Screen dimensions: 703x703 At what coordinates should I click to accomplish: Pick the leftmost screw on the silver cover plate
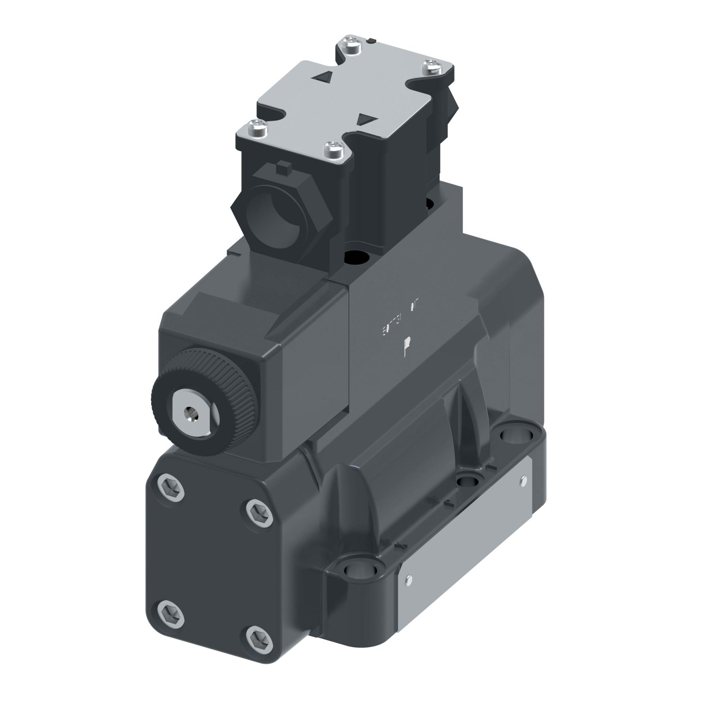pos(255,127)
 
